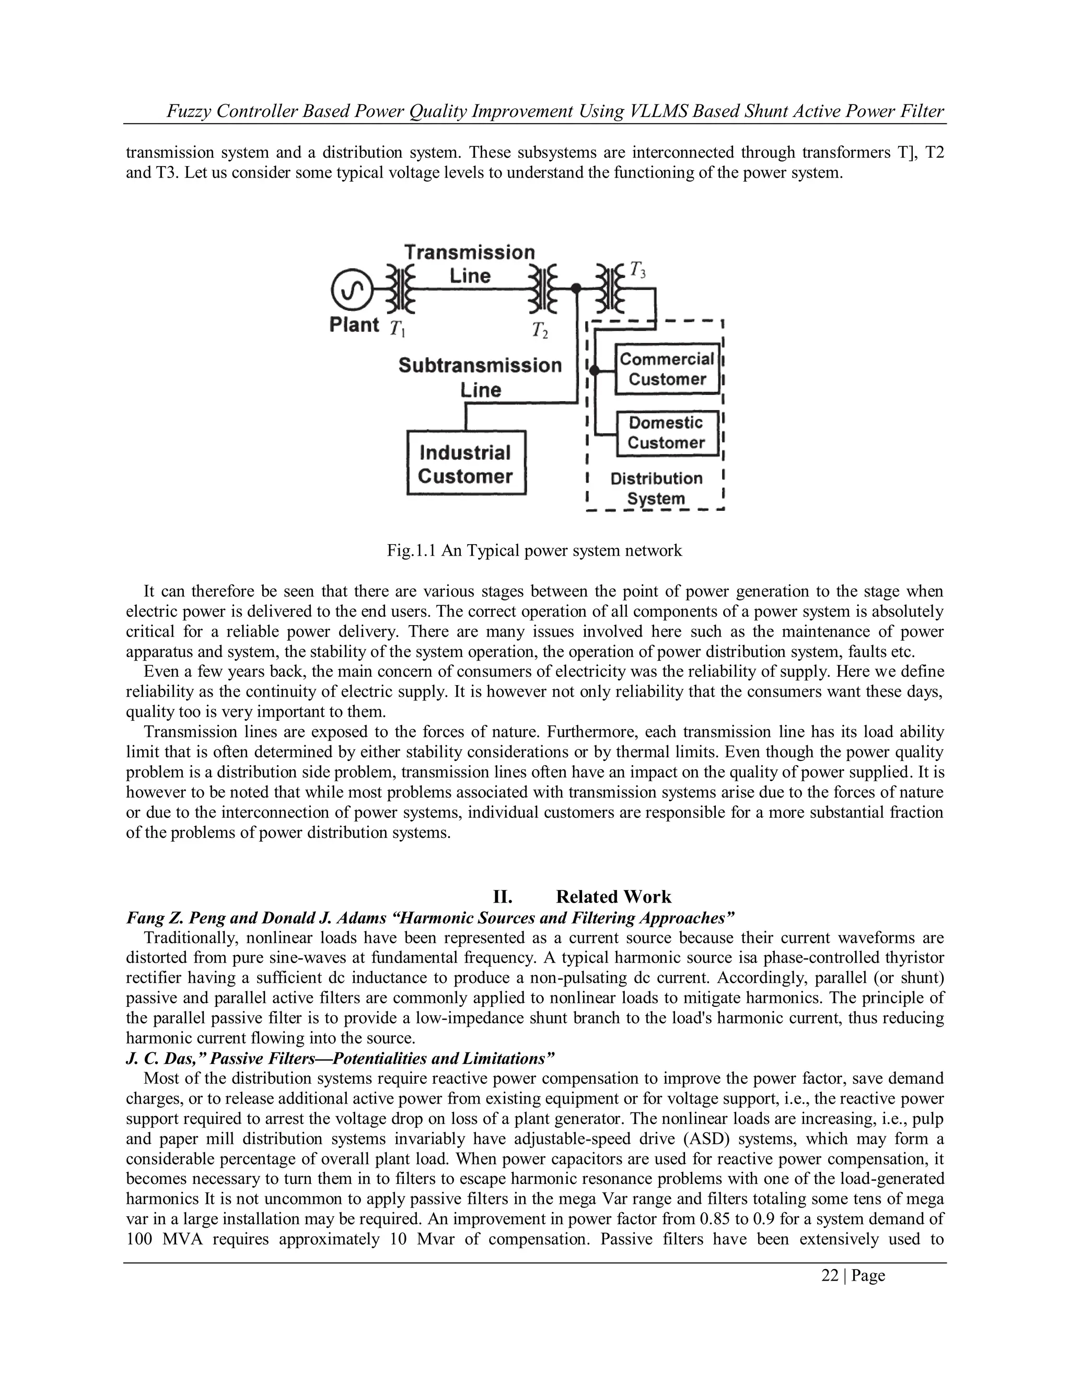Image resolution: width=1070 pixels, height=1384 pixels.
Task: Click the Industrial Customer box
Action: pyautogui.click(x=466, y=463)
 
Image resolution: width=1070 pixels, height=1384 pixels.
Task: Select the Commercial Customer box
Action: pyautogui.click(x=668, y=369)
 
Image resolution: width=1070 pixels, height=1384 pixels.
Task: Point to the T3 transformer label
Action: pyautogui.click(x=638, y=270)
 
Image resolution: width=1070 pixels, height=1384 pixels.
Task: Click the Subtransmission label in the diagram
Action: pyautogui.click(x=480, y=366)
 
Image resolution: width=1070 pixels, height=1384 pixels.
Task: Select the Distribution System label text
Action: pyautogui.click(x=657, y=488)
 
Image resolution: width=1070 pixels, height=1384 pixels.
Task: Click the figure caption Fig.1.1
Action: pyautogui.click(x=411, y=550)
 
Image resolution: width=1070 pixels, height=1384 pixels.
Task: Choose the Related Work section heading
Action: pyautogui.click(x=613, y=897)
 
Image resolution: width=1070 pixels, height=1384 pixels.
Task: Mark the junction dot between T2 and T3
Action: pyautogui.click(x=576, y=289)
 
